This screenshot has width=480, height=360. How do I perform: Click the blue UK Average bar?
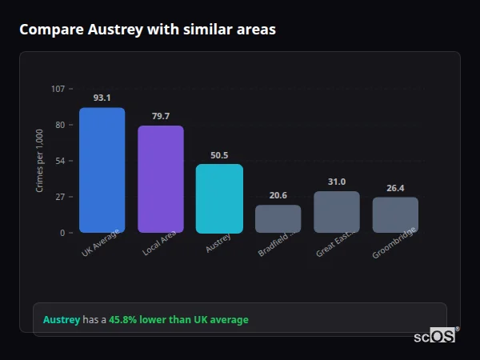coord(102,170)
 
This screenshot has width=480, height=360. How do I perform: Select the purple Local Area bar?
coord(161,179)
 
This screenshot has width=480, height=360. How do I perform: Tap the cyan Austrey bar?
coord(219,198)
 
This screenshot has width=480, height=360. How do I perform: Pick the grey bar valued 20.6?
coord(278,218)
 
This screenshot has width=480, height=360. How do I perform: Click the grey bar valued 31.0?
coord(337,212)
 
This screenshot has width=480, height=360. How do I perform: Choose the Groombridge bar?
coord(395,214)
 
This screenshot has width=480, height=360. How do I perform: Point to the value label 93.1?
coord(102,98)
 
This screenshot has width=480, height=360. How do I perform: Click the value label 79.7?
coord(161,116)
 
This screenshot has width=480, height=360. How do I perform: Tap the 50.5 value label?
coord(219,155)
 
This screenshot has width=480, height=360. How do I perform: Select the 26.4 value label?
coord(395,188)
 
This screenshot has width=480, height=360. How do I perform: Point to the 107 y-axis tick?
coord(58,89)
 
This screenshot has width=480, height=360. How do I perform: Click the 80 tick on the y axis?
coord(59,125)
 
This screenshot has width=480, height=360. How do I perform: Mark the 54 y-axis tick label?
coord(59,161)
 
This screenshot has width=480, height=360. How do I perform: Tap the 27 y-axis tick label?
coord(59,197)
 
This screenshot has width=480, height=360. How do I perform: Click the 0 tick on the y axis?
coord(62,233)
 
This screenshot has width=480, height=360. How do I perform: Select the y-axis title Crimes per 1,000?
coord(39,161)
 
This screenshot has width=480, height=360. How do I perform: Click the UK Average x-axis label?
coord(100,243)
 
